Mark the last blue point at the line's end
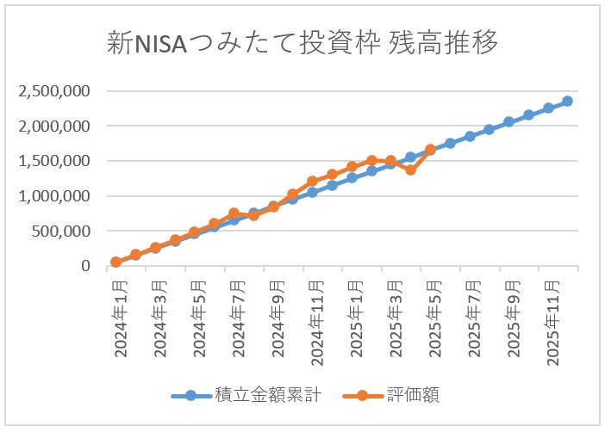pyautogui.click(x=567, y=102)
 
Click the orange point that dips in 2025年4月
pyautogui.click(x=411, y=170)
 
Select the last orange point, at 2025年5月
pyautogui.click(x=430, y=151)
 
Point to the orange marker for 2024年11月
pyautogui.click(x=313, y=182)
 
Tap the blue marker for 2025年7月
pyautogui.click(x=470, y=136)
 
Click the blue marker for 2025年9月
pyautogui.click(x=508, y=122)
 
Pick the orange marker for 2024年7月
pyautogui.click(x=234, y=213)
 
